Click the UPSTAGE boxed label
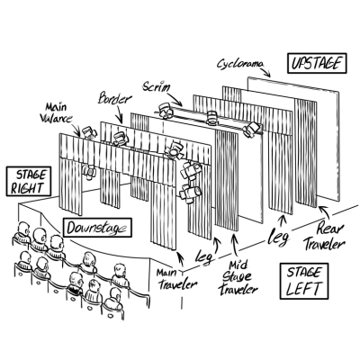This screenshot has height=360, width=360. tap(317, 63)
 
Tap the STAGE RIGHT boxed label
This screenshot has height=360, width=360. tap(29, 182)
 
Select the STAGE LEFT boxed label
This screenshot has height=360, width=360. tap(304, 281)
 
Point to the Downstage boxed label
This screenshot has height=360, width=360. tap(98, 228)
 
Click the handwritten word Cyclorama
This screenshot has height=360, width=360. tap(240, 64)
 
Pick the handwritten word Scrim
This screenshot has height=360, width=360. tap(157, 86)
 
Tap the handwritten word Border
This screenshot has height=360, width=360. tap(115, 98)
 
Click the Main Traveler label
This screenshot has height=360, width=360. tap(177, 279)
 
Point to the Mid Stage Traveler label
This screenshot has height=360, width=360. tap(238, 277)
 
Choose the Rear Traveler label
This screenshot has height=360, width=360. tap(324, 238)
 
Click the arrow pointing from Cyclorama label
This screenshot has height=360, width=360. tap(265, 71)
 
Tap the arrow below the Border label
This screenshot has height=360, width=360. tap(120, 114)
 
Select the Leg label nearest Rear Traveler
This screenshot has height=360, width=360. tap(279, 237)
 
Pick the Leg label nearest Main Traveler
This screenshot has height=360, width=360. tap(203, 256)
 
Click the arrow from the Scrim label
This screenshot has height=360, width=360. tap(175, 99)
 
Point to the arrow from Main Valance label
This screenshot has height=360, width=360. tap(76, 129)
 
